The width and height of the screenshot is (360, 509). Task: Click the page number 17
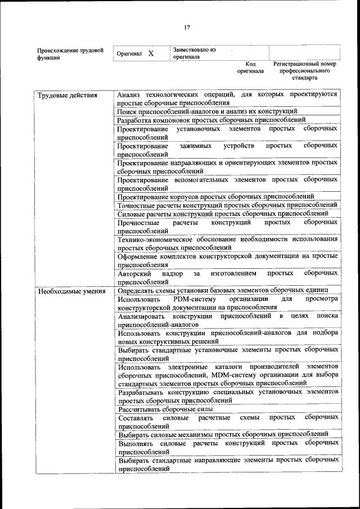click(187, 27)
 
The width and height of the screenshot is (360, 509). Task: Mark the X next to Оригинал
click(151, 53)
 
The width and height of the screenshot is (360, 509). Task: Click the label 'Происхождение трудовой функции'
click(70, 53)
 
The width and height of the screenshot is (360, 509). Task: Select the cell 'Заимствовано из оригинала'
click(195, 53)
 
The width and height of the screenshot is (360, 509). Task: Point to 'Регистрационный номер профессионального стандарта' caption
click(304, 71)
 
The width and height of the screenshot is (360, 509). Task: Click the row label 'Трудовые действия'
click(67, 95)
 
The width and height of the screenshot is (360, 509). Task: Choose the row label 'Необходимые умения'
click(70, 291)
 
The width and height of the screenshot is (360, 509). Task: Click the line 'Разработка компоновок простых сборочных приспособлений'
click(211, 120)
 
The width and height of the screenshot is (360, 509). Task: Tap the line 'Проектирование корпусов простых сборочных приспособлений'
click(215, 196)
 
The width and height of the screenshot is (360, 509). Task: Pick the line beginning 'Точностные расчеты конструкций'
click(227, 205)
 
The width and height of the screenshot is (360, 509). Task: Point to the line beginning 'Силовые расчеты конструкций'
click(223, 213)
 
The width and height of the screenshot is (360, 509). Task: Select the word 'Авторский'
click(134, 273)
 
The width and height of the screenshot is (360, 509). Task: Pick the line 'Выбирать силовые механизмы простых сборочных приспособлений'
click(223, 434)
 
